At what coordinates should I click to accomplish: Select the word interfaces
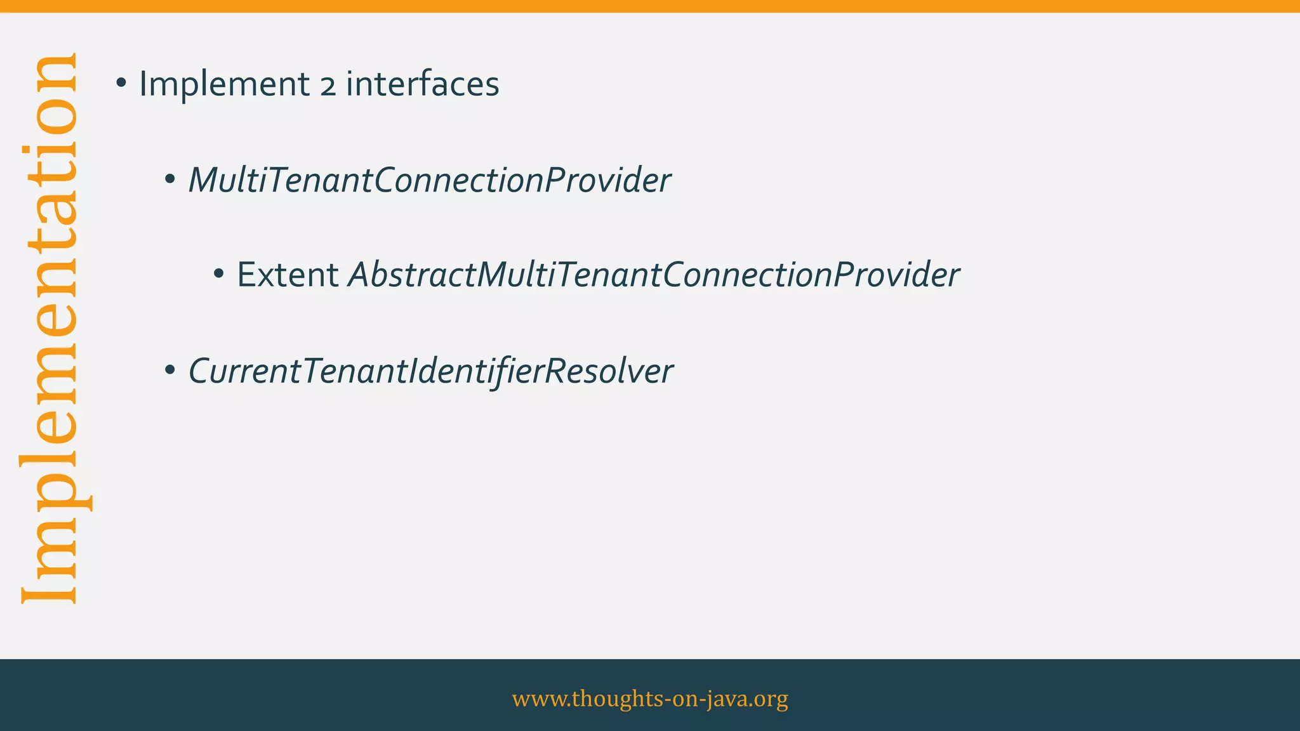pyautogui.click(x=422, y=84)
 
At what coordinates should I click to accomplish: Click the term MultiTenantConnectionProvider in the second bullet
pyautogui.click(x=429, y=180)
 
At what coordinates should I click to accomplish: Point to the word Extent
pyautogui.click(x=288, y=275)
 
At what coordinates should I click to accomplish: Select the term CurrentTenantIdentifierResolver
pyautogui.click(x=430, y=371)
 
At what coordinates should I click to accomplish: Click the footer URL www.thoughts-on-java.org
pyautogui.click(x=650, y=698)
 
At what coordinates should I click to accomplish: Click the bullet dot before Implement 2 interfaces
pyautogui.click(x=121, y=83)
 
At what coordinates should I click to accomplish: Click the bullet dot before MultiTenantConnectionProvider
pyautogui.click(x=169, y=180)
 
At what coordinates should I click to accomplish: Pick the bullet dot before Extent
pyautogui.click(x=218, y=275)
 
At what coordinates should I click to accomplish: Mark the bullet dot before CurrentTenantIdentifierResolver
pyautogui.click(x=169, y=370)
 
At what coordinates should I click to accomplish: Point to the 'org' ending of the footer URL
pyautogui.click(x=773, y=699)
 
